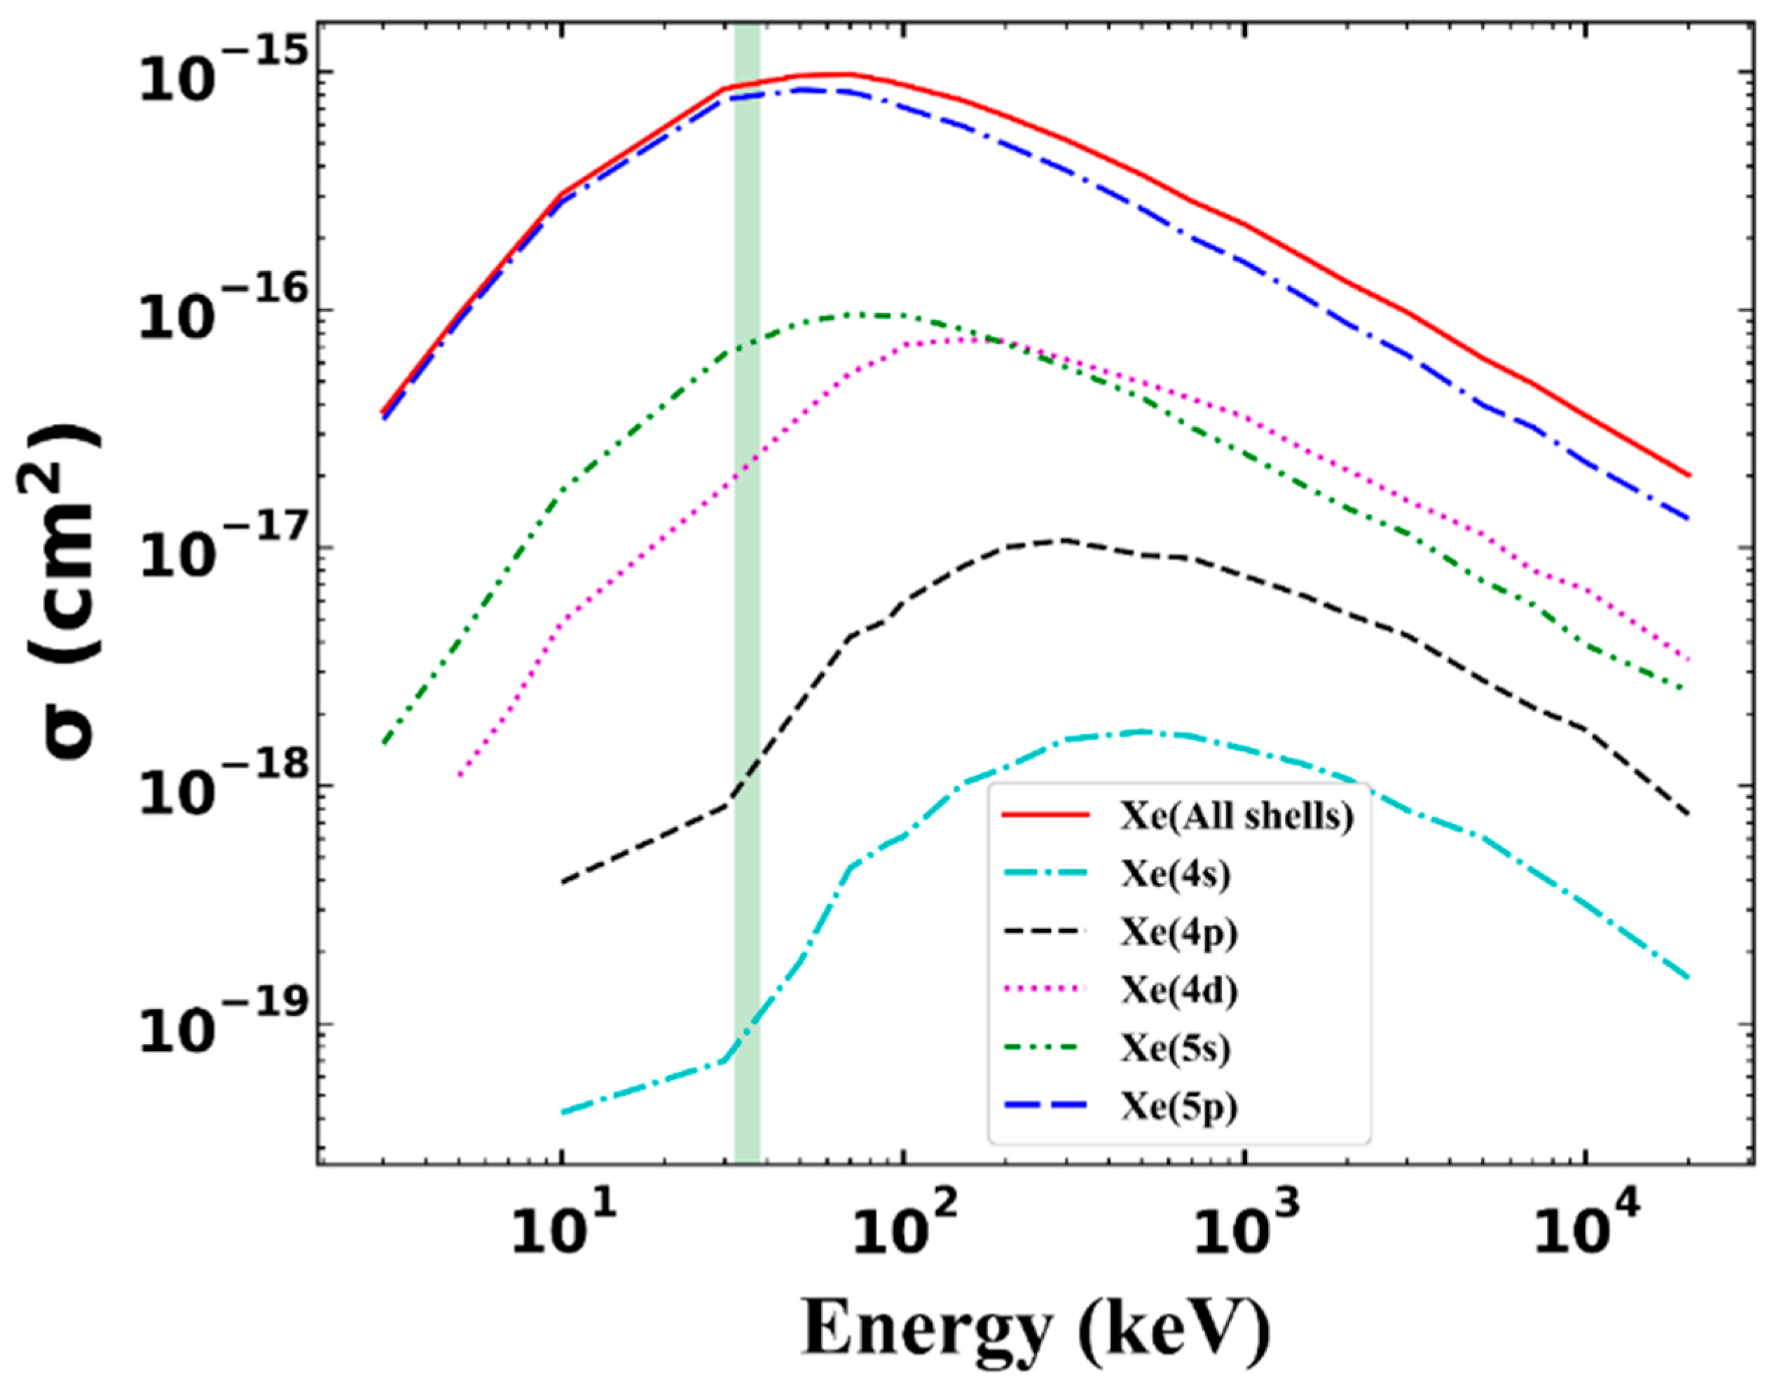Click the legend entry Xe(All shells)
pos(1236,816)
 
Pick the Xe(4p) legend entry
pos(1178,933)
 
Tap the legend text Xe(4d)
pos(1178,991)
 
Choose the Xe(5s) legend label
pos(1175,1049)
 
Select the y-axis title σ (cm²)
pos(69,594)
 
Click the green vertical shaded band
pos(747,570)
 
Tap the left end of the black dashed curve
pos(563,882)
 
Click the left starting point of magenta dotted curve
pos(460,776)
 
